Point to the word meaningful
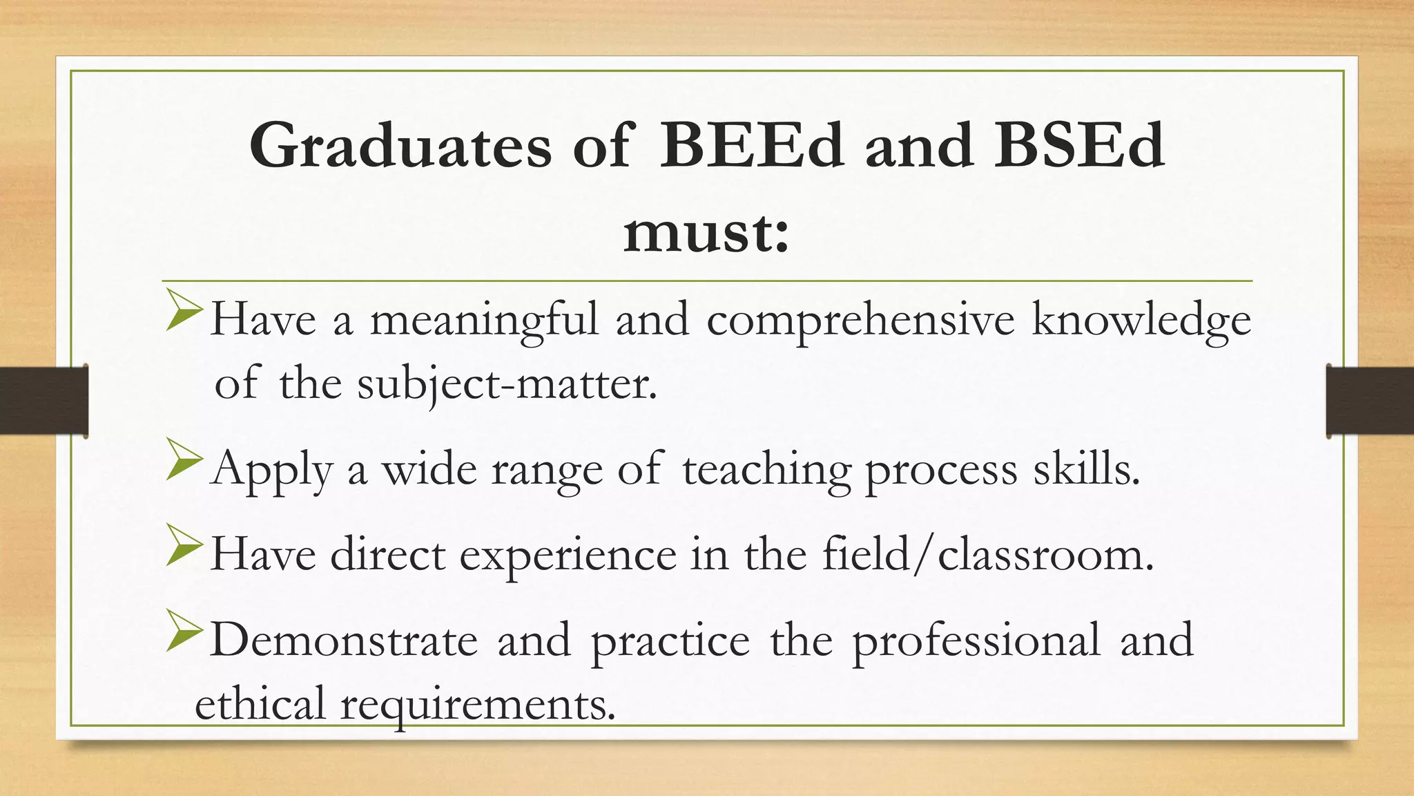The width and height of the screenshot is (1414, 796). tap(484, 321)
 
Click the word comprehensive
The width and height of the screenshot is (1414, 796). tap(860, 321)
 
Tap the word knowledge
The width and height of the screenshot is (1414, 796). tap(1141, 321)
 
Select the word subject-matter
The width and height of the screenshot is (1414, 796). tap(507, 385)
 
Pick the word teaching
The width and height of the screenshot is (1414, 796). tap(766, 470)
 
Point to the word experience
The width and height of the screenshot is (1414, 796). tap(568, 556)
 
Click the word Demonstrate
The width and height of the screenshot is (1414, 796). tap(343, 640)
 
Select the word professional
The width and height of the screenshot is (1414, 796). tap(976, 641)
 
